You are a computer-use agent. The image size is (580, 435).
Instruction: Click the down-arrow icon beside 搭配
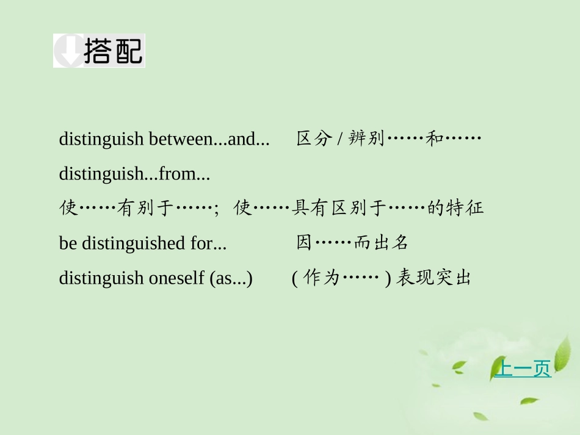[x=68, y=51]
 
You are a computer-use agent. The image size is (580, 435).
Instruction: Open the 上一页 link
[x=522, y=369]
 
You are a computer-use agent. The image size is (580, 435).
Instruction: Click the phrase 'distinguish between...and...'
[x=164, y=139]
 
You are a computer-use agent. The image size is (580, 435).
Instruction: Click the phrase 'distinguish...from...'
[x=134, y=174]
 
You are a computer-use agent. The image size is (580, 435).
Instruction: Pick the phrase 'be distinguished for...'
[x=143, y=243]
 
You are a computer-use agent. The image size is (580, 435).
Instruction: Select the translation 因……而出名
[x=352, y=243]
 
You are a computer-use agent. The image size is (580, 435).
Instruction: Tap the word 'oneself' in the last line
[x=176, y=278]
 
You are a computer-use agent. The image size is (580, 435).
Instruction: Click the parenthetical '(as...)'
[x=231, y=278]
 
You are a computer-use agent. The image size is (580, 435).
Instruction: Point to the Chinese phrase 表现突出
[x=433, y=278]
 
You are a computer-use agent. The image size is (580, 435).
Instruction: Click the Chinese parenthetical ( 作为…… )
[x=341, y=278]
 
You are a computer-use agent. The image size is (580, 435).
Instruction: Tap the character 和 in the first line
[x=434, y=139]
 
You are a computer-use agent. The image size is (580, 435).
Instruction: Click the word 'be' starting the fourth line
[x=68, y=243]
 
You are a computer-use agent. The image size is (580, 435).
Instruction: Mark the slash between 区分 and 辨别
[x=339, y=140]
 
